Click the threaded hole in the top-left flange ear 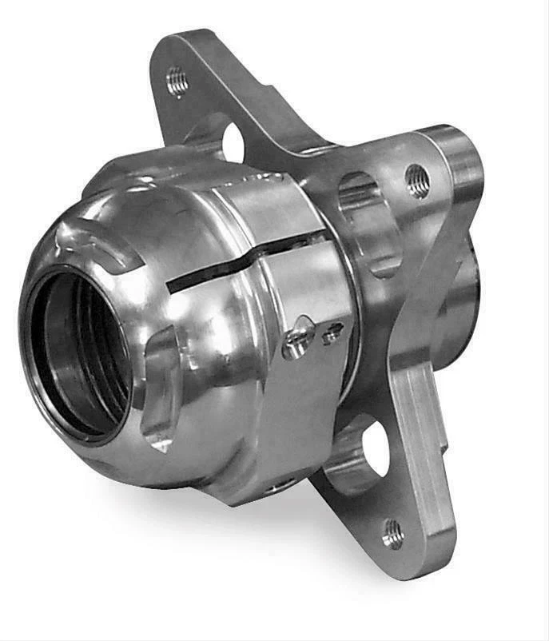point(177,81)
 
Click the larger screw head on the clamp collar point(296,343)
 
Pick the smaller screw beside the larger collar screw point(332,333)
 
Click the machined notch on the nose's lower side point(160,392)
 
